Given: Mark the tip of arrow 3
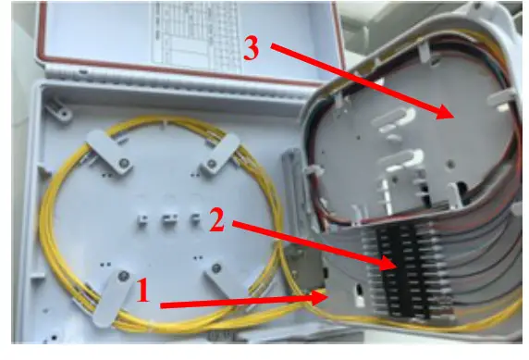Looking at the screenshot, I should [x=450, y=116].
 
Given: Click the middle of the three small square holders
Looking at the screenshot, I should [x=169, y=219].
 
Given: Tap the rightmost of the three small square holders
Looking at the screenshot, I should [x=195, y=219].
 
